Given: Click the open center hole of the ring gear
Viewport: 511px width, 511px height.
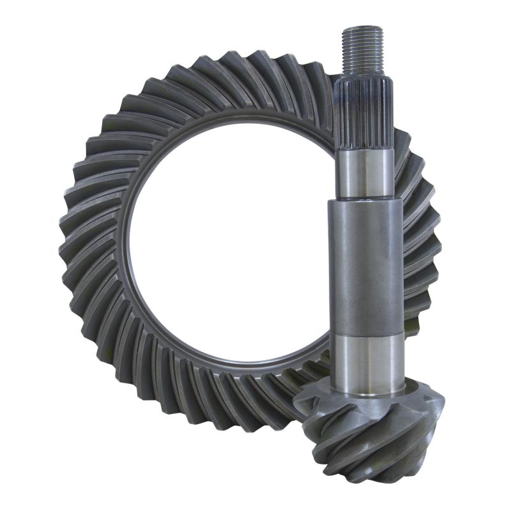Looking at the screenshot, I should coord(224,249).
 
